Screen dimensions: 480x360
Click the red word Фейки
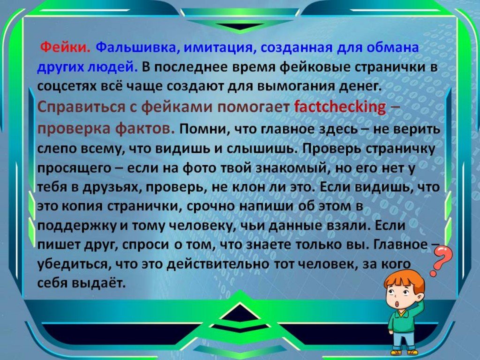click(x=65, y=48)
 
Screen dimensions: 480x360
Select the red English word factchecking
click(x=340, y=107)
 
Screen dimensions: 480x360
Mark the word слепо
click(x=57, y=149)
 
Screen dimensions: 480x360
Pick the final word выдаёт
click(x=98, y=284)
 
